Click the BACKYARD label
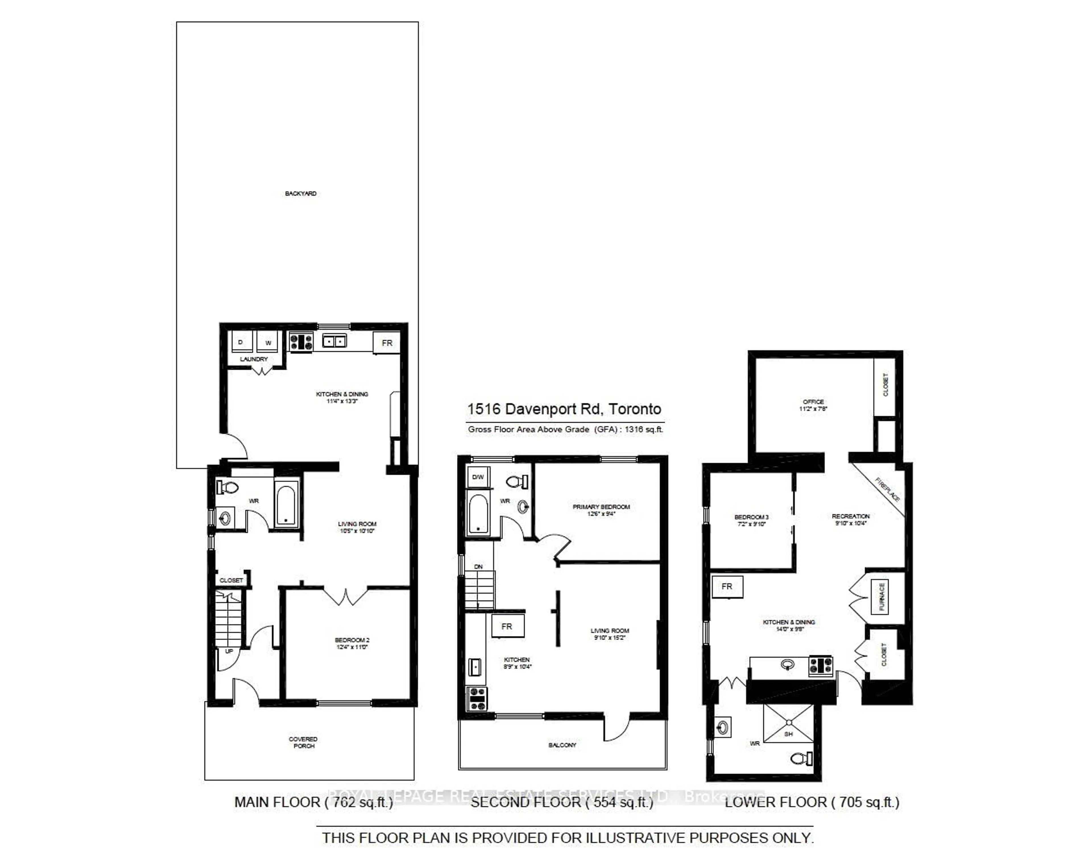(301, 193)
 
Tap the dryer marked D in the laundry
(241, 342)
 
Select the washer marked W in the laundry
(268, 342)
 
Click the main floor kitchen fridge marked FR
(386, 343)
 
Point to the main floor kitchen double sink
(334, 341)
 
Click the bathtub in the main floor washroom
(286, 504)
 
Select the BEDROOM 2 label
(352, 643)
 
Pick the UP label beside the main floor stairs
(229, 651)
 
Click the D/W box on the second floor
(478, 477)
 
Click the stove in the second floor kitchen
(477, 698)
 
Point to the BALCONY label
(562, 745)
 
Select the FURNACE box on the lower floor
(882, 597)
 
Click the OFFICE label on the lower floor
(813, 405)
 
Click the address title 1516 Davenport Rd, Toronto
(564, 409)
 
